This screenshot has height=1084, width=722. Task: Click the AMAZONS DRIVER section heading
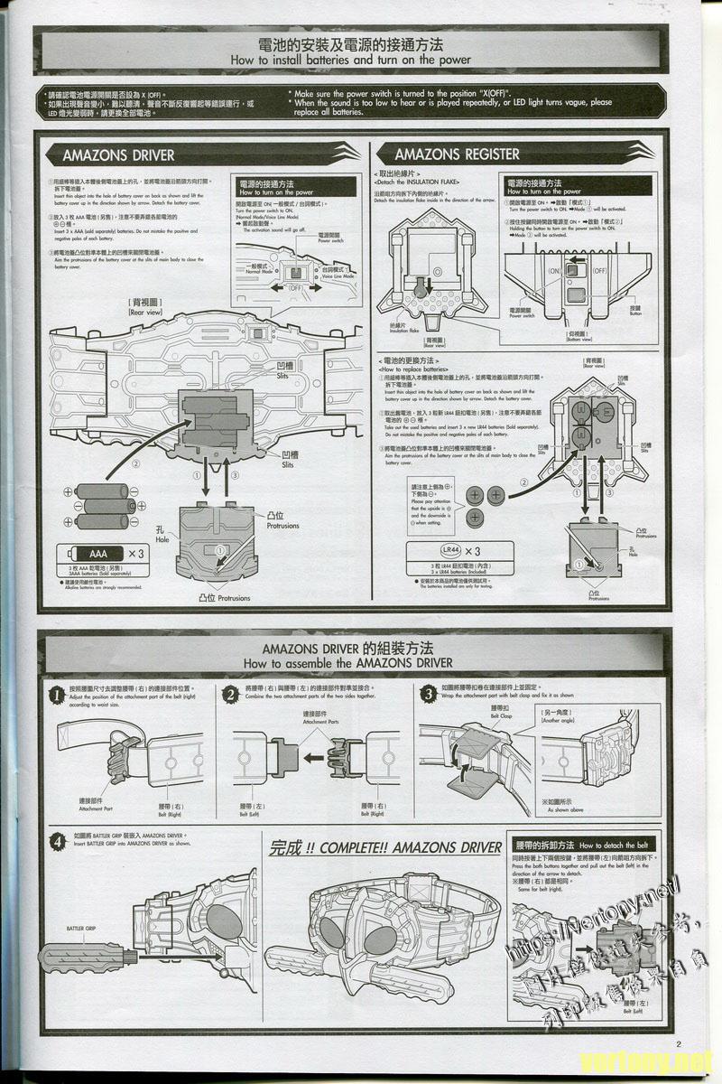point(118,154)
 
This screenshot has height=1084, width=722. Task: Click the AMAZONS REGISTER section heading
point(457,154)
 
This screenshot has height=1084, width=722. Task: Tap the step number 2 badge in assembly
point(232,694)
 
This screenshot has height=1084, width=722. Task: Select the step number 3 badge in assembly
point(430,694)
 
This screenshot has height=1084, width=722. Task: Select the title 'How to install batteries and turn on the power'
point(351,60)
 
